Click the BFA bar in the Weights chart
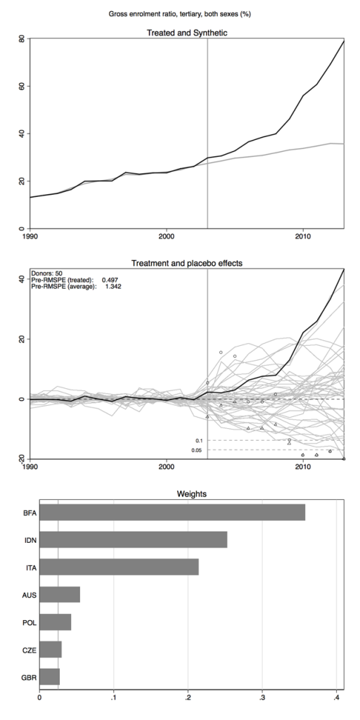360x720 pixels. tap(172, 513)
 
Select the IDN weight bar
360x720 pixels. tap(134, 540)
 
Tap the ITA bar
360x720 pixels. tap(120, 567)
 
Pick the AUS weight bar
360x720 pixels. tap(60, 595)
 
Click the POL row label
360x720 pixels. tap(29, 622)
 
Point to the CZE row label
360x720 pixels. tap(29, 650)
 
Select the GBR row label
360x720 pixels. tap(29, 676)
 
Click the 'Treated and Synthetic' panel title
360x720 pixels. tap(186, 32)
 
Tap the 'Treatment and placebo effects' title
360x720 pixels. tap(186, 263)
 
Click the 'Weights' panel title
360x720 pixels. tap(186, 494)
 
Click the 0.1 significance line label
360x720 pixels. tap(200, 440)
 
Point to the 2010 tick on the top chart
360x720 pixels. tap(303, 237)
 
